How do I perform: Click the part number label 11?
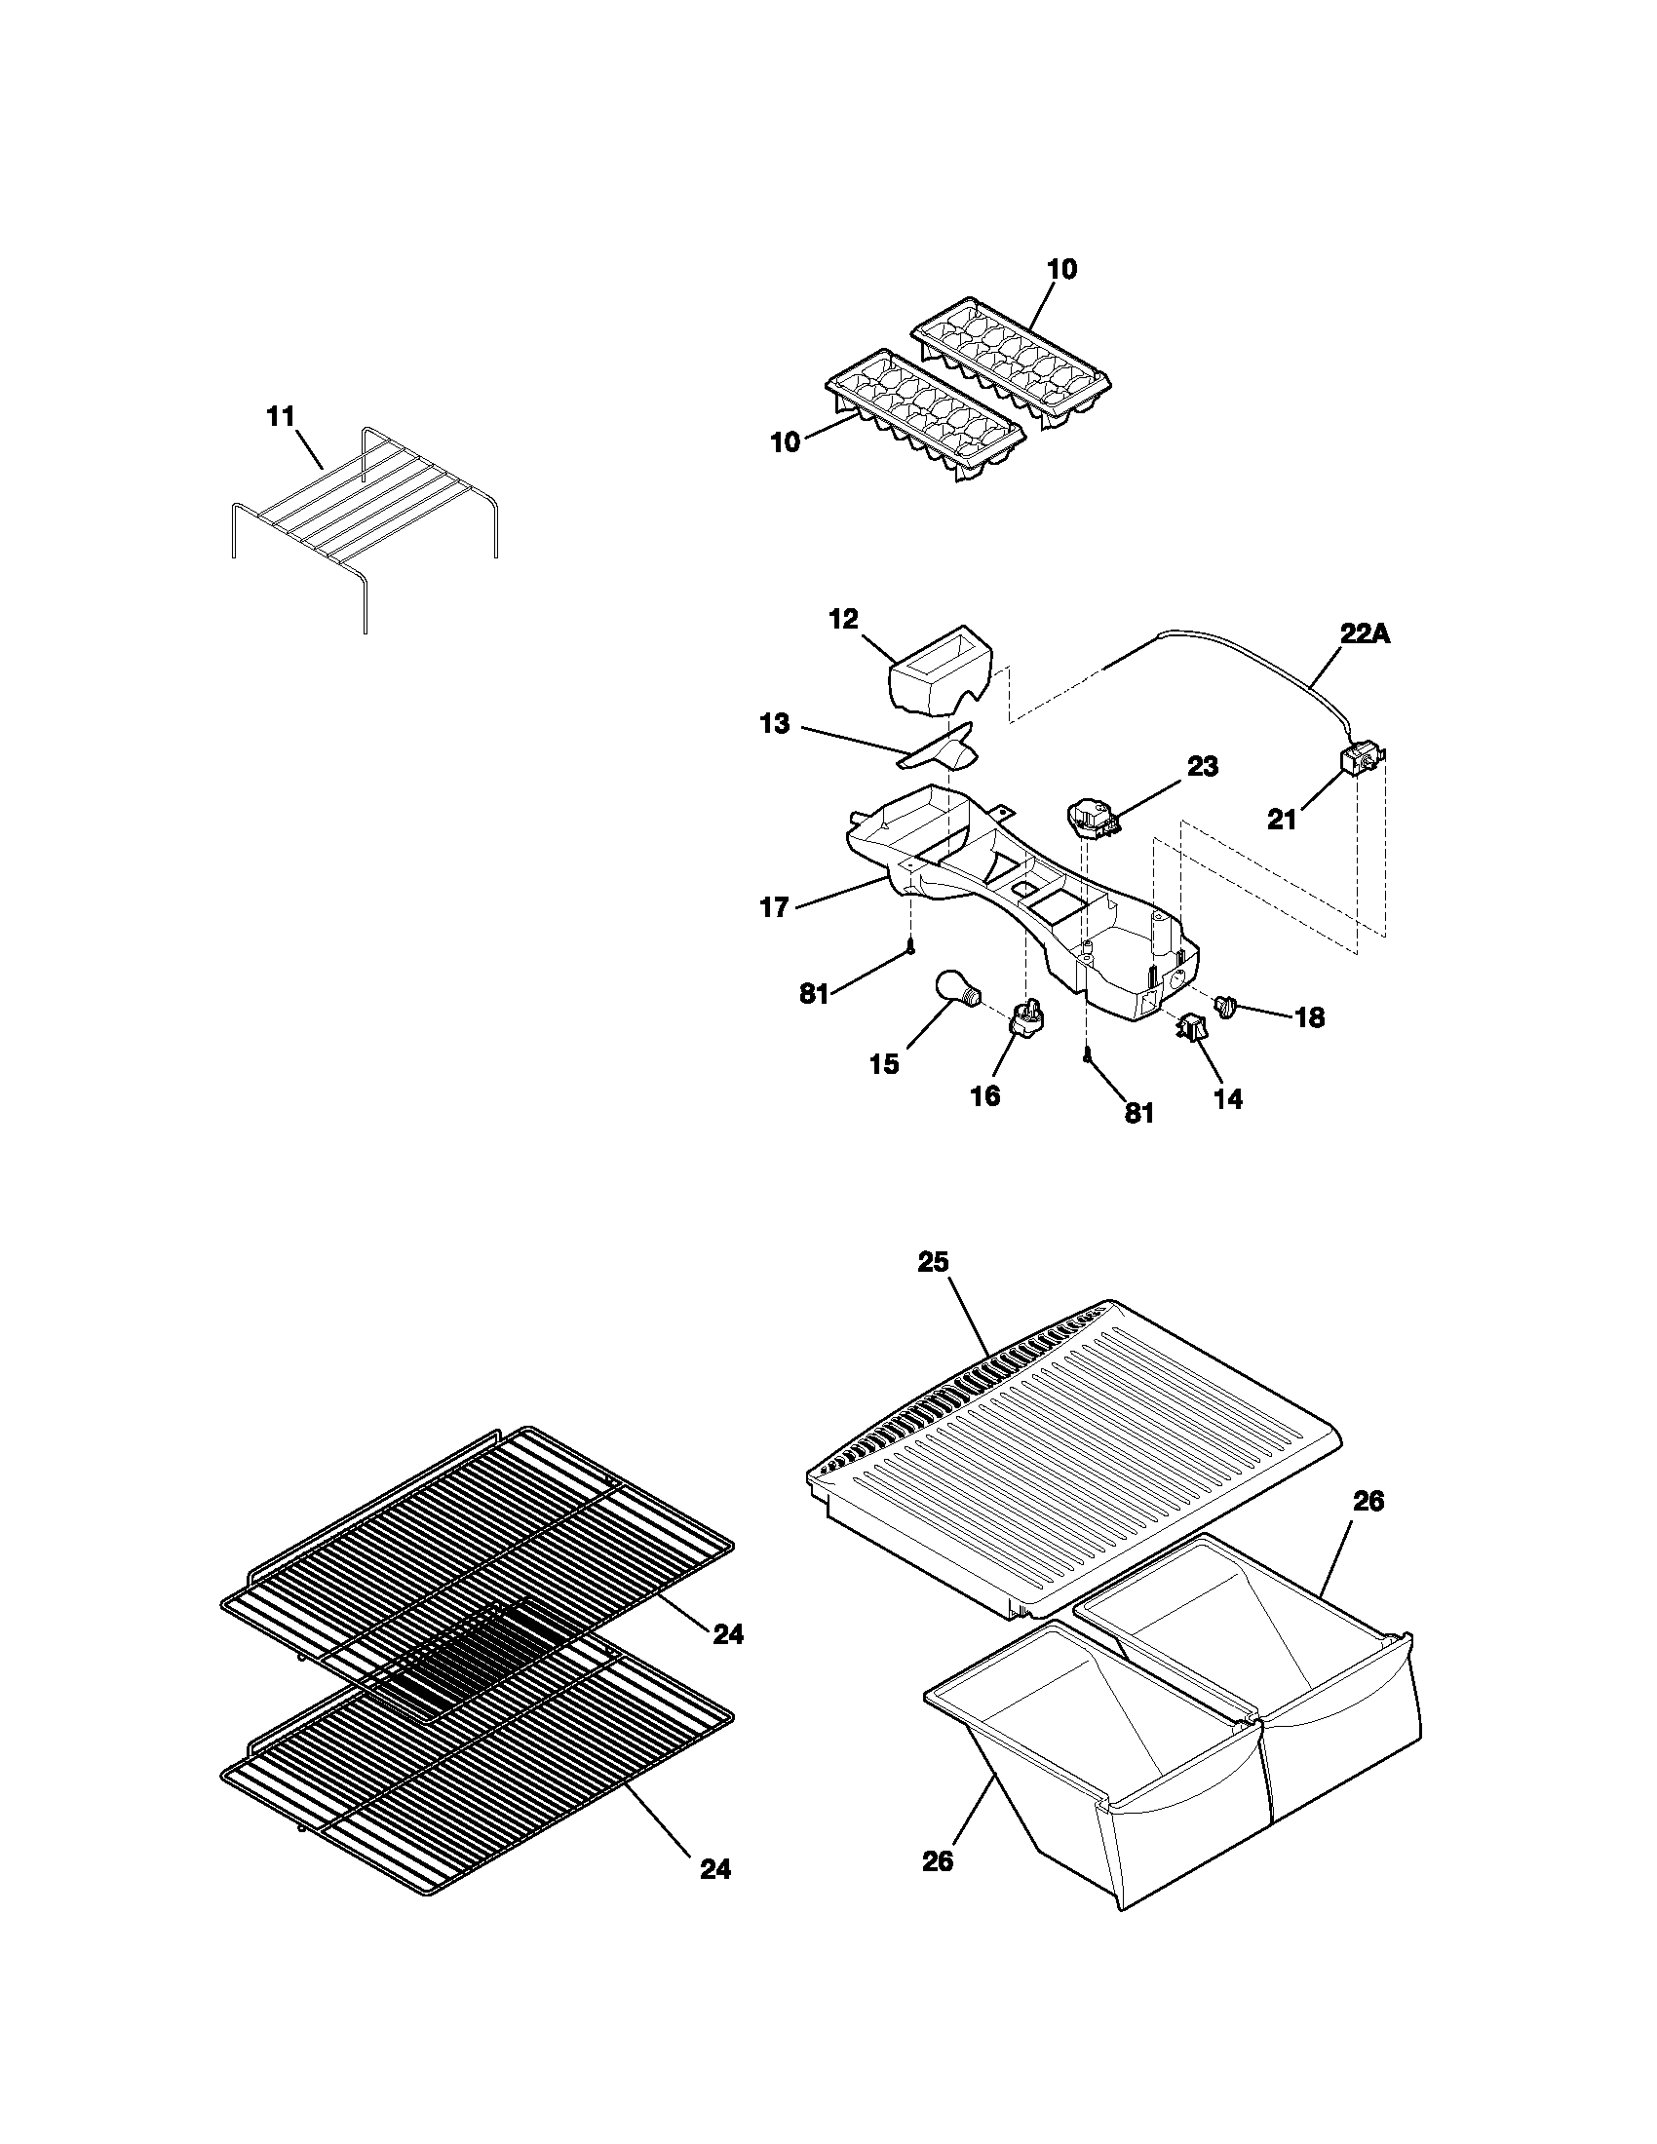point(281,417)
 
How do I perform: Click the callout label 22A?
point(1366,634)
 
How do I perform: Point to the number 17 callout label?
point(775,908)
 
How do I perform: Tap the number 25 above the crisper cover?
point(933,1261)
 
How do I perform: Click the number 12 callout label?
point(843,619)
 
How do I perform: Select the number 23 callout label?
point(1203,767)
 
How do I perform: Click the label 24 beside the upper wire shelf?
point(727,1634)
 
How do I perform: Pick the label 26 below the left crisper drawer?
point(938,1861)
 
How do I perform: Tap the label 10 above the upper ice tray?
point(1061,269)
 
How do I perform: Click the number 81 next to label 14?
point(1137,1113)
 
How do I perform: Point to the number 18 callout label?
point(1308,1018)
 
